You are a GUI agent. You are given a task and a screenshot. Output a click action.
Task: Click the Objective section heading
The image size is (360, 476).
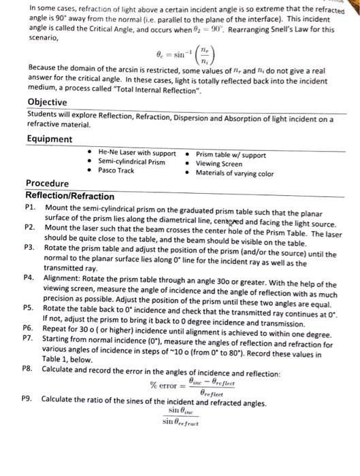coord(47,102)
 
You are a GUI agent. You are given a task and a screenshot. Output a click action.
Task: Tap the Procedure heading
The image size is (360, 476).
coord(47,184)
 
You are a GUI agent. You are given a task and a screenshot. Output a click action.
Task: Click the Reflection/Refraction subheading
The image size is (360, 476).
coord(70,195)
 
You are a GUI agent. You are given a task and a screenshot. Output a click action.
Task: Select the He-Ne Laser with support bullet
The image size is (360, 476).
coord(136,154)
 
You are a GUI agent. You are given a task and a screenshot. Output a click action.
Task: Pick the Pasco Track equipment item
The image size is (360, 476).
coord(116,170)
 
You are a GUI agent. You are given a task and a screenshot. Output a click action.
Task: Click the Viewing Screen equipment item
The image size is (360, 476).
coord(221,163)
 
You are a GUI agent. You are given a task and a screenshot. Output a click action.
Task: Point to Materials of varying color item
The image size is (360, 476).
coord(234,173)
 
